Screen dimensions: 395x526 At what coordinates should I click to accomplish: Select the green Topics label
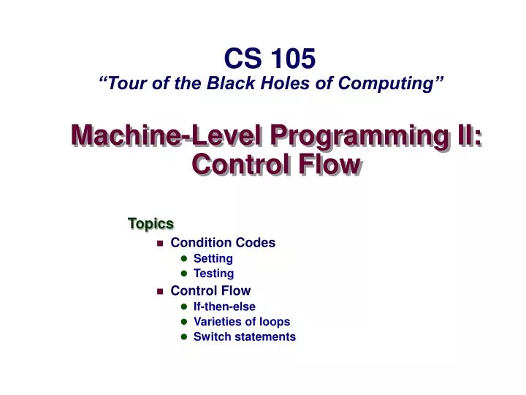pos(150,223)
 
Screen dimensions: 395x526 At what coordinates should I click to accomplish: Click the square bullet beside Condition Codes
pos(159,243)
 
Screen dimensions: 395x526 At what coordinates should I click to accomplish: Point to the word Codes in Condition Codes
pos(256,242)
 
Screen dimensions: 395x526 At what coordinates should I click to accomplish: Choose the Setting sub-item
pos(213,258)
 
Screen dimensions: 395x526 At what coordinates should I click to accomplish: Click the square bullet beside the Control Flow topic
pos(159,291)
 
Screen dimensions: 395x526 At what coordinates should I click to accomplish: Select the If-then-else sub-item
pos(224,306)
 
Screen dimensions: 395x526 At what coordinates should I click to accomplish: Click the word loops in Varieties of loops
pos(275,322)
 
